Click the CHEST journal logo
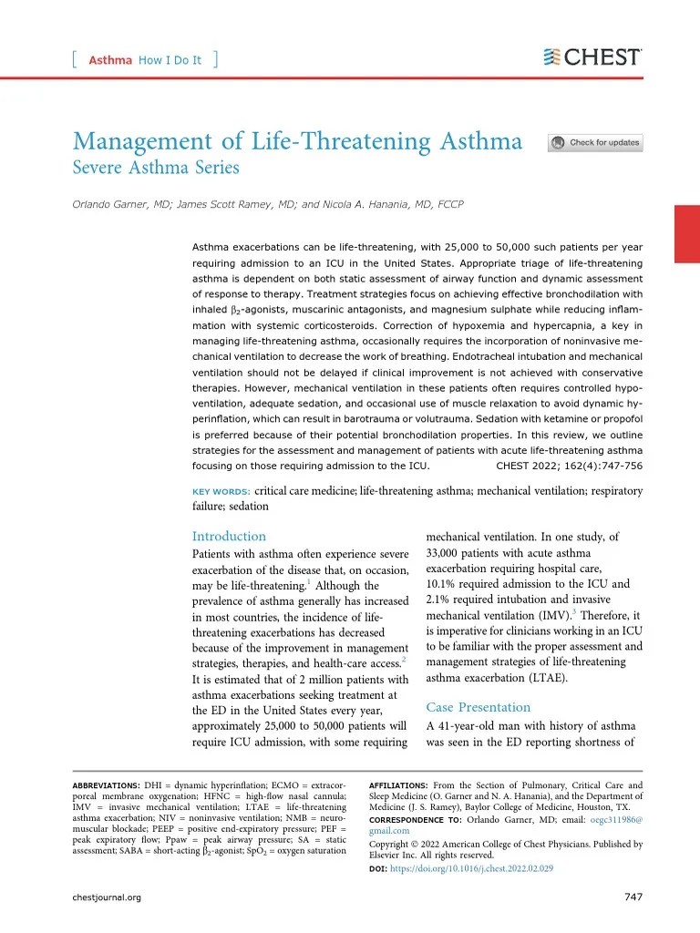[592, 57]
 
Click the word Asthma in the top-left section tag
[110, 60]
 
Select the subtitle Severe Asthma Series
[156, 168]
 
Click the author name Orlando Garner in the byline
[114, 204]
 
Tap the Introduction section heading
[229, 536]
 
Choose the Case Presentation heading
[478, 707]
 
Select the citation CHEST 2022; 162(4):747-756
[569, 465]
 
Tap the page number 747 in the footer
[633, 897]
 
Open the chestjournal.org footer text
[107, 897]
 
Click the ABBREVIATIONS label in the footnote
[106, 785]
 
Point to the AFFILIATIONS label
[398, 785]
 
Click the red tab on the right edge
[685, 234]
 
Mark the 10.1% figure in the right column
[442, 584]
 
